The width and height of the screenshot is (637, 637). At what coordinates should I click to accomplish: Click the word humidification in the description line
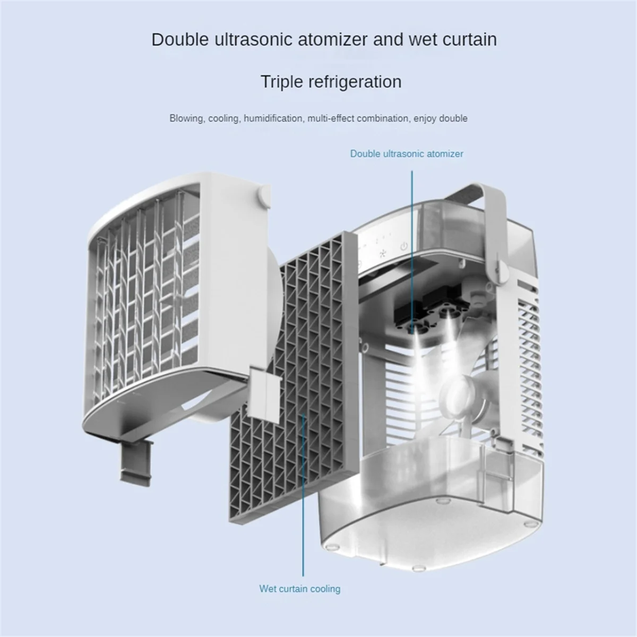[x=272, y=118]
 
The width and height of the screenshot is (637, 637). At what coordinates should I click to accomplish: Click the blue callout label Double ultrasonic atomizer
[x=406, y=154]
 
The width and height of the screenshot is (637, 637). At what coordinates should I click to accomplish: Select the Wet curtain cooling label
[x=299, y=588]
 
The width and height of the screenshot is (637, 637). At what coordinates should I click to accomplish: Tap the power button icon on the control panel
[x=404, y=247]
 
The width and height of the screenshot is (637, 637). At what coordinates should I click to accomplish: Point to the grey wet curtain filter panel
[x=287, y=372]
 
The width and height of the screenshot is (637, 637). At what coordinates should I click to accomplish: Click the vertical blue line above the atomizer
[x=411, y=239]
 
